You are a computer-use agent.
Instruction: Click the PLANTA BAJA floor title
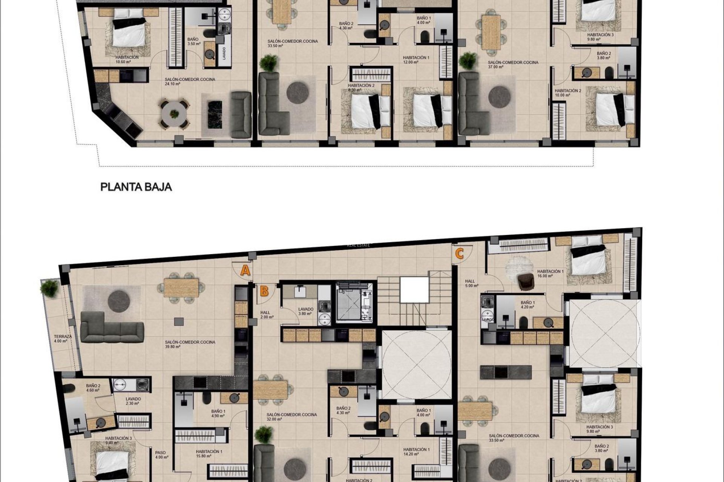coord(136,187)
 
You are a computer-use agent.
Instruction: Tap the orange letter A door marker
coord(245,270)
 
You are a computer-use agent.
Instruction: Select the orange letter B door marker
coord(264,291)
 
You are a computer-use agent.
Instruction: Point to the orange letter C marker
coord(459,254)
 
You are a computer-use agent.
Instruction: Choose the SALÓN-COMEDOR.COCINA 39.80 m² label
coord(190,344)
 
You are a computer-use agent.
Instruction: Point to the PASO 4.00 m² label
coord(161,455)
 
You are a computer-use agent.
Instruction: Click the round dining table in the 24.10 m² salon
coord(174,114)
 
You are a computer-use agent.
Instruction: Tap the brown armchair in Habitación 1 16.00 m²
coord(525,282)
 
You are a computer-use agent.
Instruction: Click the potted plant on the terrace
coord(49,288)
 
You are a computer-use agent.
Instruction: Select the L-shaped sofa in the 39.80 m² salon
coord(112,327)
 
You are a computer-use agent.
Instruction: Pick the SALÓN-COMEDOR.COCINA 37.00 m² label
coord(513,64)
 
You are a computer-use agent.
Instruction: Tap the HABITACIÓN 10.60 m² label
coord(127,59)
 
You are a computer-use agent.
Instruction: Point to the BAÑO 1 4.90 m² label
coord(218,413)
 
